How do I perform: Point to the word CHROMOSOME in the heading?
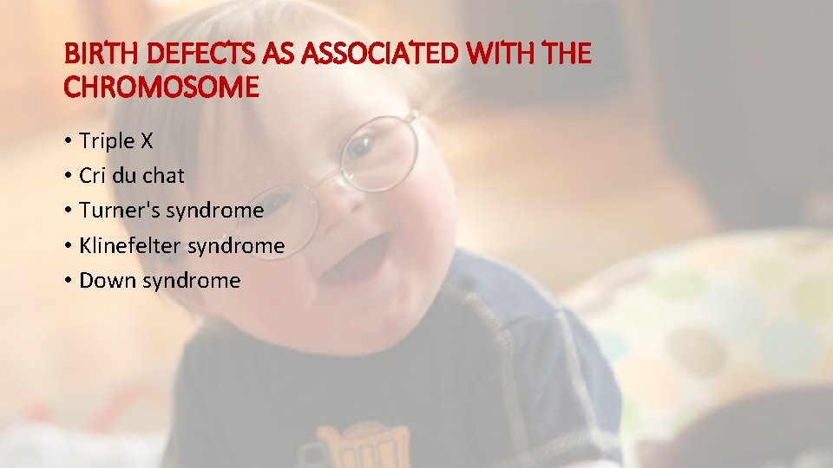point(161,88)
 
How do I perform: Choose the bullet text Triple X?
point(115,140)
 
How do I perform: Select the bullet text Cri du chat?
point(131,176)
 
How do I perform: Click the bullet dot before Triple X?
point(68,141)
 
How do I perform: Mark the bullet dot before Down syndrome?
point(68,282)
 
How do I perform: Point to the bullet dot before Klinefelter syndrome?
point(68,247)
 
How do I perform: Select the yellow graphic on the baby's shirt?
point(362,446)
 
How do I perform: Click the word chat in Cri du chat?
point(164,176)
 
